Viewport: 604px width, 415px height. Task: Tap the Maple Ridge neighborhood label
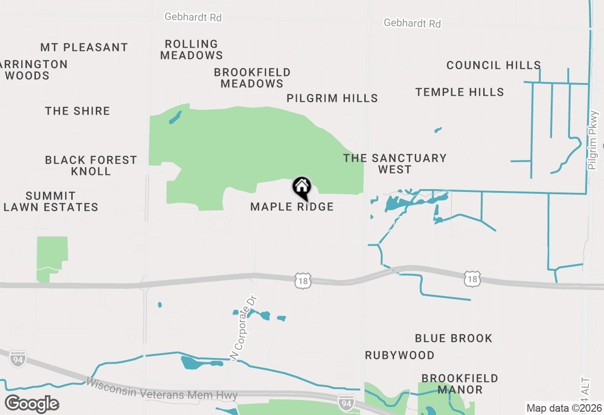[x=292, y=207]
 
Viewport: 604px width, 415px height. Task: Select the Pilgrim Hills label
[x=332, y=98]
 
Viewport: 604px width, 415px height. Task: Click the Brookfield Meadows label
[x=252, y=78]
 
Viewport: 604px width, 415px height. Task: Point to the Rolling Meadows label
[x=191, y=50]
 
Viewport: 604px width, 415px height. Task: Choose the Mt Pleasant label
[x=84, y=47]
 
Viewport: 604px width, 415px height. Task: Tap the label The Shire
[x=77, y=111]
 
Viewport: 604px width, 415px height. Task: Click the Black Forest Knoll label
[x=91, y=166]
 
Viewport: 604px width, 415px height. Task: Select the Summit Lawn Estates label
[x=51, y=201]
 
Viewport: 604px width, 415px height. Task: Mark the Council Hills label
[x=494, y=65]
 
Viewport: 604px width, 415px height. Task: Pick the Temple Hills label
[x=460, y=92]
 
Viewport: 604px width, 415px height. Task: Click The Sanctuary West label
[x=395, y=164]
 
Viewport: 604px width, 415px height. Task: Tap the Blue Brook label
[x=453, y=338]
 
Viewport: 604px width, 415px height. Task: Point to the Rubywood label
[x=400, y=355]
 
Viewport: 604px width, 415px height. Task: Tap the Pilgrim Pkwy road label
[x=593, y=140]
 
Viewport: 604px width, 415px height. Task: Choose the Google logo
[x=32, y=404]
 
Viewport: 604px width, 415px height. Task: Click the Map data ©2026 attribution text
[x=564, y=408]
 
